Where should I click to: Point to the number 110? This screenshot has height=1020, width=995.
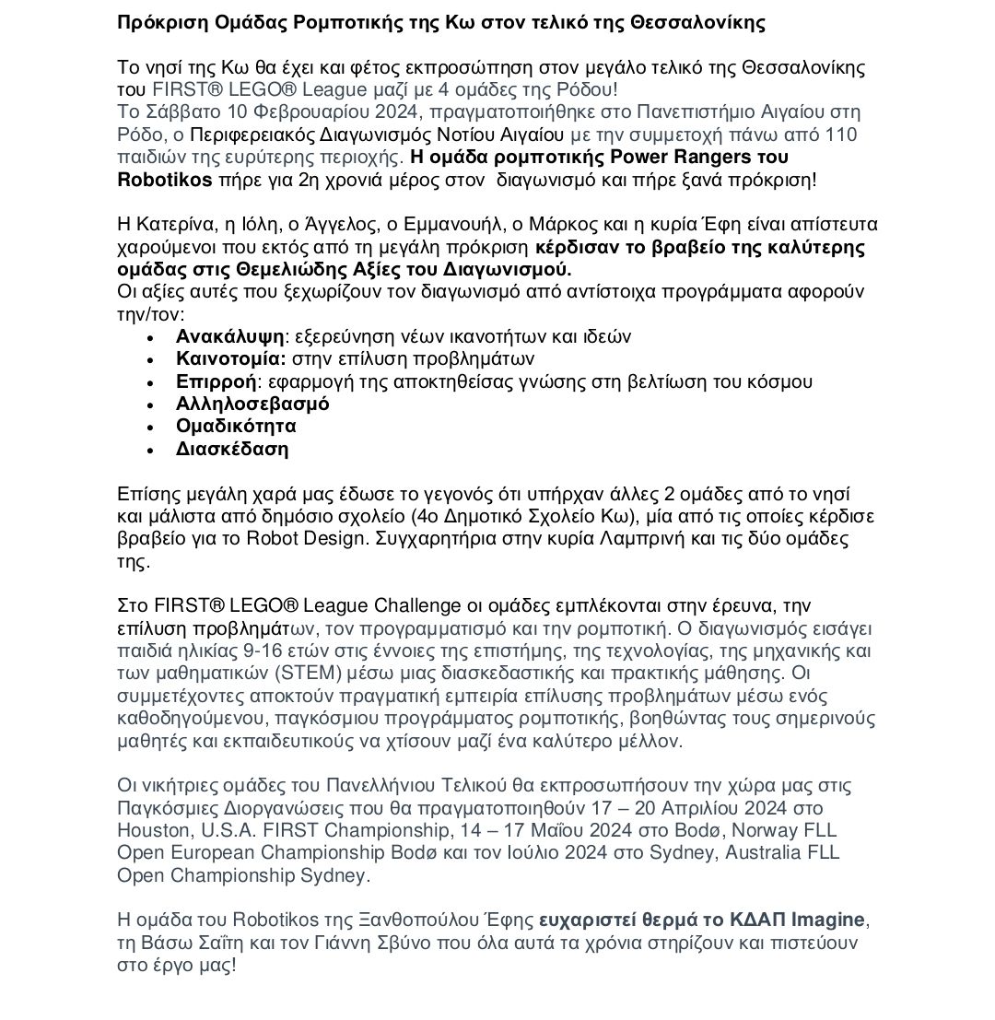[x=840, y=135]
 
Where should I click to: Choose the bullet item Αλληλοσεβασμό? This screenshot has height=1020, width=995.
[x=252, y=404]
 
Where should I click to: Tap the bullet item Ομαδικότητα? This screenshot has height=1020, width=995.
[x=236, y=427]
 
